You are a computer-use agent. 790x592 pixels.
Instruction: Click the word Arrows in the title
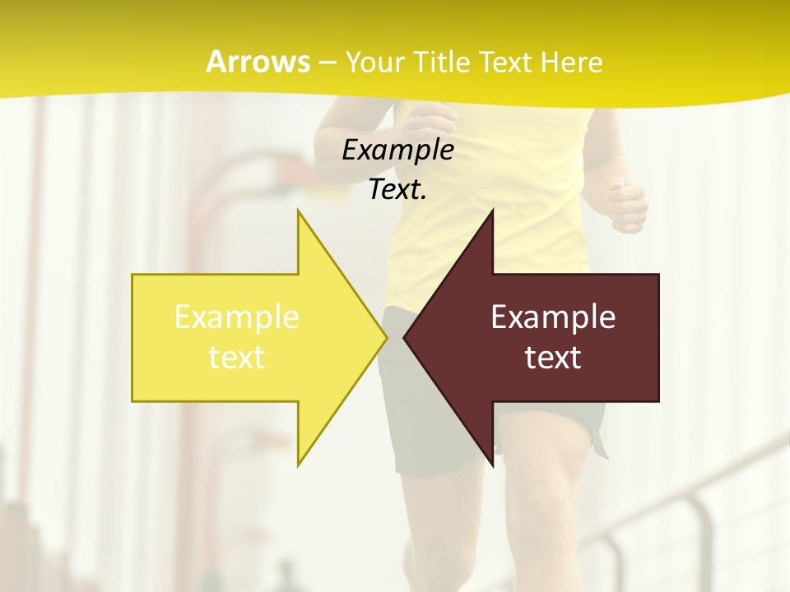[258, 62]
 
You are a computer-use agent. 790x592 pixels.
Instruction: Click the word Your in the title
[374, 62]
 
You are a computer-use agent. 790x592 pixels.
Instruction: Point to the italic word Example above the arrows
[397, 150]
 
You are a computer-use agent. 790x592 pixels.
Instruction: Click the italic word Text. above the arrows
[397, 190]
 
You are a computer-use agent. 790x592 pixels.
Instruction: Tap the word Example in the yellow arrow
[237, 317]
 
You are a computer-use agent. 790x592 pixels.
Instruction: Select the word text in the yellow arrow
[237, 357]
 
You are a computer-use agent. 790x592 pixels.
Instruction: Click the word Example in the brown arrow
[553, 317]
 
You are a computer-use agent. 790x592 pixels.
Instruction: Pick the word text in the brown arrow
[553, 357]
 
